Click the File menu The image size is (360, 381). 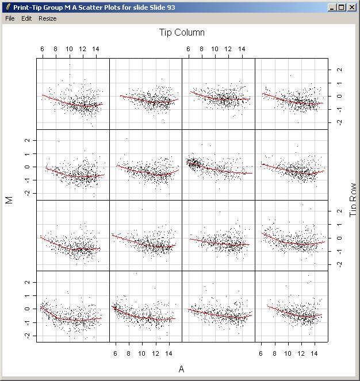(x=10, y=18)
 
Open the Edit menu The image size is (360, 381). (x=26, y=18)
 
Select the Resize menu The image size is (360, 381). (x=48, y=18)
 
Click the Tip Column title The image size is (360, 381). (x=182, y=33)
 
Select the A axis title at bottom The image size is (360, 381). (x=182, y=369)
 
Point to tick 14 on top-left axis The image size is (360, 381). (x=95, y=49)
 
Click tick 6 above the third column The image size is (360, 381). (x=189, y=49)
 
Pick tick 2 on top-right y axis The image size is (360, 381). (x=339, y=70)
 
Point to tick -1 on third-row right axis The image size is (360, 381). (x=339, y=251)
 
